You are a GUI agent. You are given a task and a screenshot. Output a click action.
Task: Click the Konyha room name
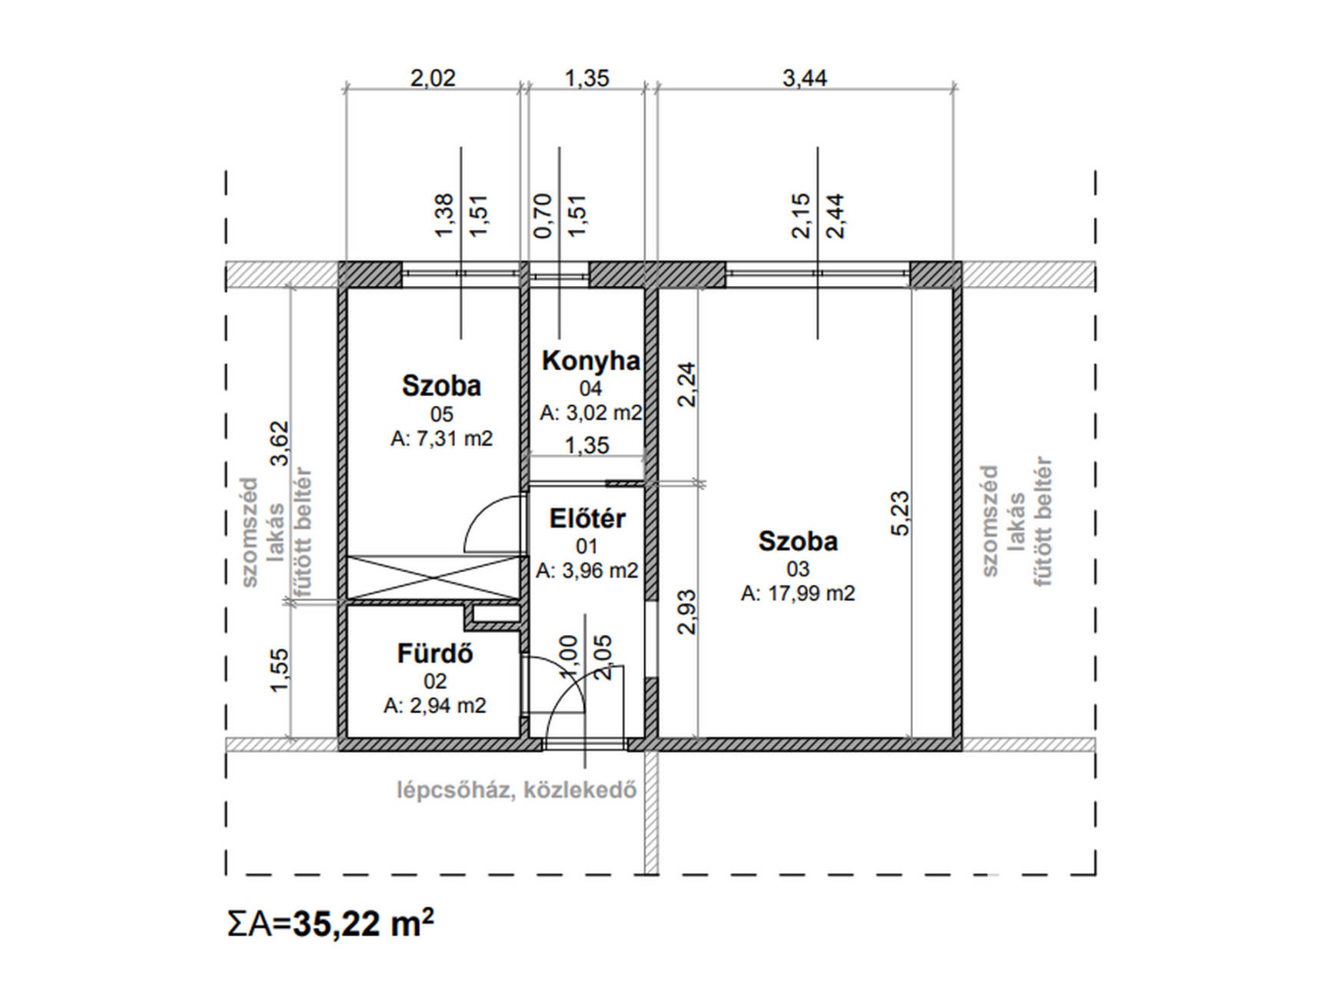click(590, 361)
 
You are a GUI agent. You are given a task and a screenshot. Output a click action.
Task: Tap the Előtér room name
click(587, 519)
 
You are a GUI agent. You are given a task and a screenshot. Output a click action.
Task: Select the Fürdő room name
click(435, 653)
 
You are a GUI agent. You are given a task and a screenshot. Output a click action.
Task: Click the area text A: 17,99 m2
click(798, 593)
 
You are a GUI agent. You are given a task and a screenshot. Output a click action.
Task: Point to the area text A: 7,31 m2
click(441, 438)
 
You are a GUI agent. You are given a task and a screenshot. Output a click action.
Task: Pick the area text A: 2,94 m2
click(435, 705)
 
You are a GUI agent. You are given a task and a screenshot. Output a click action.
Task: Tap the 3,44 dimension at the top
click(805, 78)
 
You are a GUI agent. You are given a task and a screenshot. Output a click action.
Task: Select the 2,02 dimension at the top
click(433, 78)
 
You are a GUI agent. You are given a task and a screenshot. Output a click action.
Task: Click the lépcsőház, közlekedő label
click(517, 790)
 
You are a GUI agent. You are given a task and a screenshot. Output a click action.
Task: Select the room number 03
click(798, 569)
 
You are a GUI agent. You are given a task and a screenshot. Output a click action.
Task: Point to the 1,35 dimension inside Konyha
click(586, 445)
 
